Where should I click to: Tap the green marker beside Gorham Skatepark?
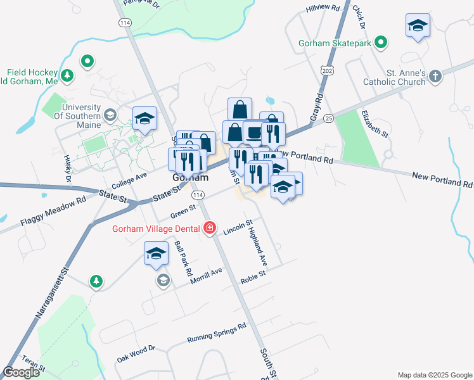[x=381, y=44]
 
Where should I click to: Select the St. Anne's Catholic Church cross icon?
[x=435, y=77]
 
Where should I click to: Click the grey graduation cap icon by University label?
[x=111, y=115]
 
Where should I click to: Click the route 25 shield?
[x=328, y=118]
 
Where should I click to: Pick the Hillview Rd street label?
[x=323, y=9]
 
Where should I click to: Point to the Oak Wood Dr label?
[x=136, y=354]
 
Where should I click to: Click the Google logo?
[x=21, y=372]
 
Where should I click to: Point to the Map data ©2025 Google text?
[x=434, y=375]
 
